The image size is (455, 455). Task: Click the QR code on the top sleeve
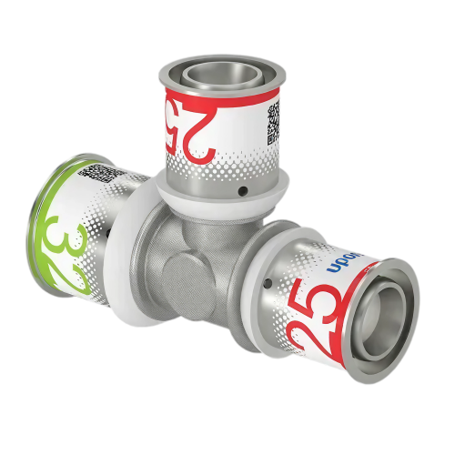[x=272, y=128]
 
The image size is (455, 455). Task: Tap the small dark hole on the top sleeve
[x=244, y=192]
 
